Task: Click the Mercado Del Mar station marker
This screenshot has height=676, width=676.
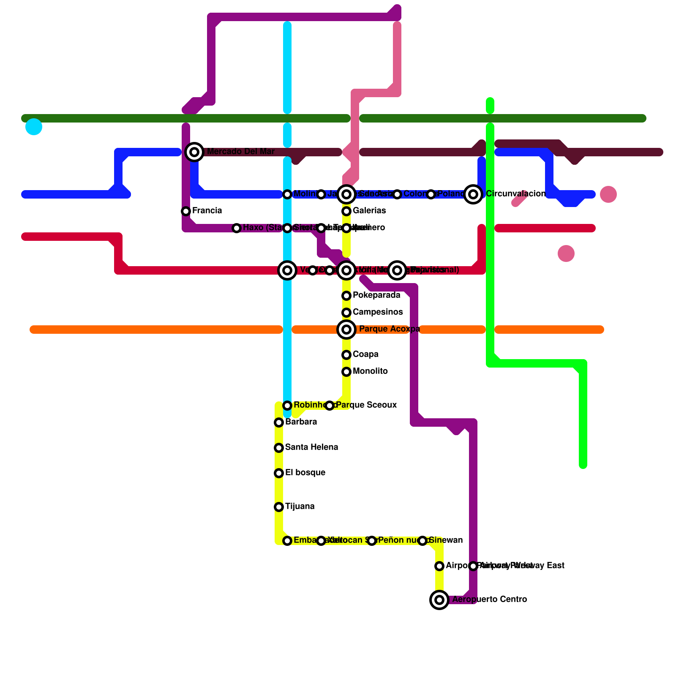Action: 194,152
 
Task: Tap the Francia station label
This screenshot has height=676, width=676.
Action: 207,211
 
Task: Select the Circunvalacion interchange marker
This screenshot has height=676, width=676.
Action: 473,194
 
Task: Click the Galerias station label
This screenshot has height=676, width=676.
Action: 369,211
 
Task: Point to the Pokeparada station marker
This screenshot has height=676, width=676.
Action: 346,296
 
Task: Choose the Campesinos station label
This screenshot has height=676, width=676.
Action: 378,312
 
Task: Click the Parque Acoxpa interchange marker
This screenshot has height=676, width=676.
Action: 346,329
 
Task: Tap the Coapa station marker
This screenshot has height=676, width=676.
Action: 346,355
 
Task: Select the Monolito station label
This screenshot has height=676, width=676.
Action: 370,371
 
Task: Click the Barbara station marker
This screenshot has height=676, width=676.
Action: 279,422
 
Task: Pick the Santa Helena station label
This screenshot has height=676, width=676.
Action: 311,447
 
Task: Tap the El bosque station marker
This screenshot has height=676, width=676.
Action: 279,473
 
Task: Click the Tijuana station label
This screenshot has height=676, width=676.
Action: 300,507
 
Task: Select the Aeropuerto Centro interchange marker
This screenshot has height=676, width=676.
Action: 439,600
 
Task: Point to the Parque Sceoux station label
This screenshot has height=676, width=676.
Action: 366,405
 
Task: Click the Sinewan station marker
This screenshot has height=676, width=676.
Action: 422,541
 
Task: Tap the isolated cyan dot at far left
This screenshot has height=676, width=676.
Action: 34,127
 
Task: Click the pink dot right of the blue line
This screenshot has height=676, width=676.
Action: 608,194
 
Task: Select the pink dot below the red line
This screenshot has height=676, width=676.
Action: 566,253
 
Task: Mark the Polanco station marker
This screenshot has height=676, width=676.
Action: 431,194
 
